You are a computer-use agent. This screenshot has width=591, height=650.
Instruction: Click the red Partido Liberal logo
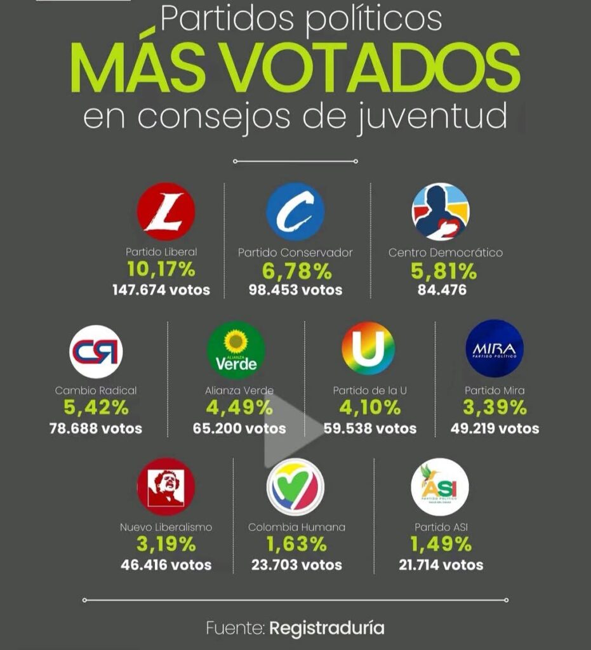point(166,211)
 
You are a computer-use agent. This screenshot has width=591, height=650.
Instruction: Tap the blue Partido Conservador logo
point(295,211)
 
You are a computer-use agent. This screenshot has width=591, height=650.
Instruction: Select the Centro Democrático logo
point(441,211)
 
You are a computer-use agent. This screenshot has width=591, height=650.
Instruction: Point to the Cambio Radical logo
point(96,351)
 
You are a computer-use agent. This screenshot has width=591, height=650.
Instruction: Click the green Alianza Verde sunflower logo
point(236,350)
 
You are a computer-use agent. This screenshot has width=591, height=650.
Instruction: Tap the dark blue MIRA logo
point(495,348)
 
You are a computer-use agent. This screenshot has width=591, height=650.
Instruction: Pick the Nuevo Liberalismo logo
point(166,486)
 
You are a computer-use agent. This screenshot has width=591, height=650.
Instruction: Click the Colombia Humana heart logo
point(295,486)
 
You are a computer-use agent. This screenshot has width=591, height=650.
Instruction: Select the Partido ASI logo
point(440,487)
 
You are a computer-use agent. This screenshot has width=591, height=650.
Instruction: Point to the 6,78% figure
point(296,272)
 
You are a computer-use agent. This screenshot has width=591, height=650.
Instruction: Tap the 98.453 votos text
point(295,290)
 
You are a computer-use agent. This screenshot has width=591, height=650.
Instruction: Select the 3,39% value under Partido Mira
point(495,408)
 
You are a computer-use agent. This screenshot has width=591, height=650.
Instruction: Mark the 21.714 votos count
point(441,564)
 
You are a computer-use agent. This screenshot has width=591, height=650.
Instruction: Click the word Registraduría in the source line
point(327,628)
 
